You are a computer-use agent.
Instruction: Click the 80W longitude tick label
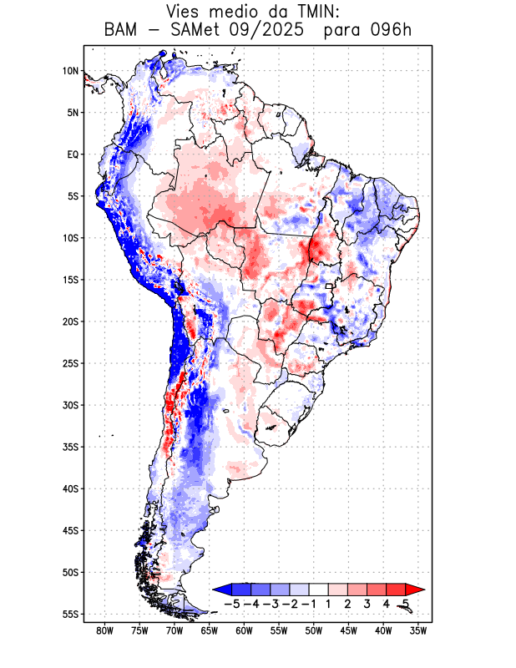(104, 631)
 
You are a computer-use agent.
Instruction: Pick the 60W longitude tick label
(244, 631)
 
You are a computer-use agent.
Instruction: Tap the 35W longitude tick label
(418, 631)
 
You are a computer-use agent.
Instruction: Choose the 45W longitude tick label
(348, 631)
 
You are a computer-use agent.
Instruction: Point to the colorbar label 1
(329, 604)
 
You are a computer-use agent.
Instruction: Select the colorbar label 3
(367, 604)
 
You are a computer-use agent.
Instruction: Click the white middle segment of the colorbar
(319, 590)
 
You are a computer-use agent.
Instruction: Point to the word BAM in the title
(122, 31)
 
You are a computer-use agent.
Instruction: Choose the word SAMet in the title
(192, 31)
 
